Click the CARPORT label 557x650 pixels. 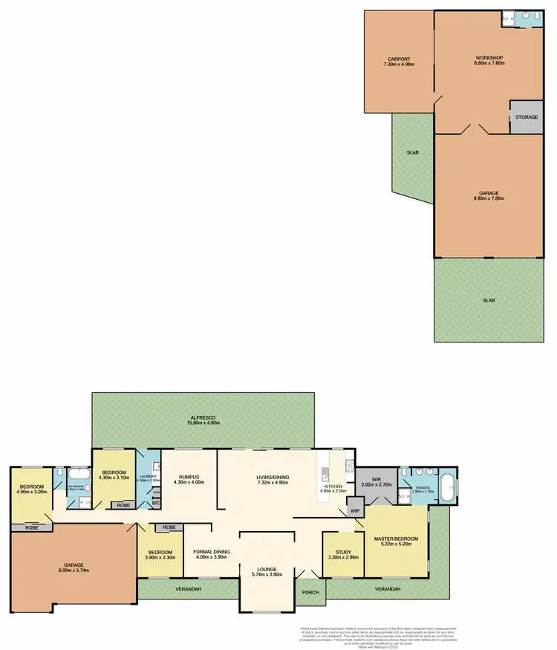tap(399, 59)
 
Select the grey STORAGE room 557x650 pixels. tap(527, 117)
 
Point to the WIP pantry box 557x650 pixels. tap(355, 511)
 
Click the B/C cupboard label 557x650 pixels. tap(155, 503)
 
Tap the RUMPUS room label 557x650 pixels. tap(189, 478)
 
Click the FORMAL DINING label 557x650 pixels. tap(211, 552)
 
